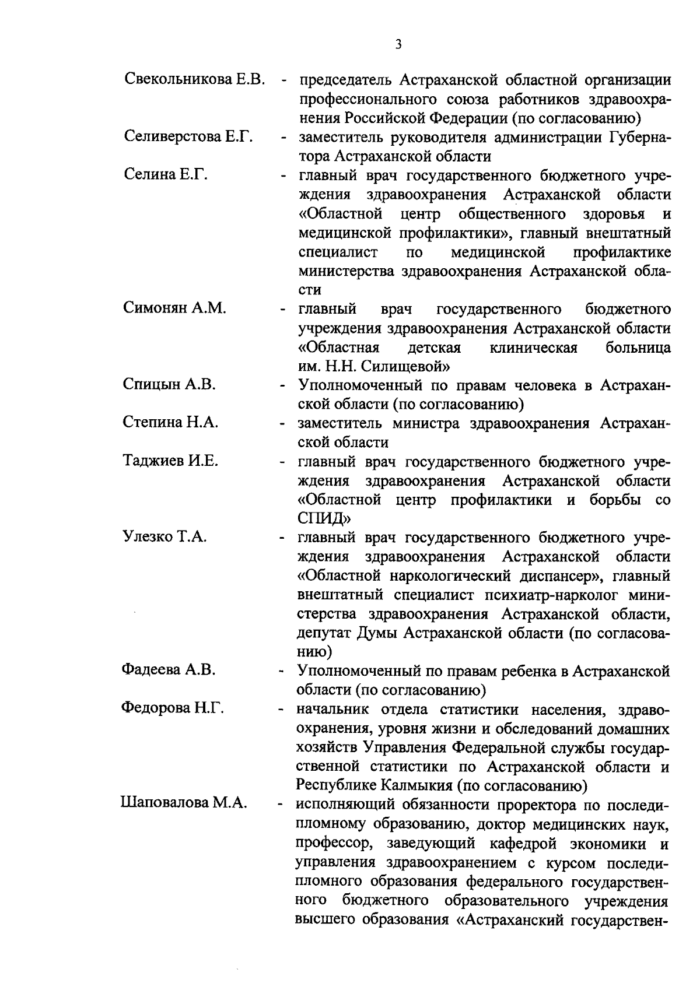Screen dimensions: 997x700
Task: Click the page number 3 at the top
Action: coord(398,45)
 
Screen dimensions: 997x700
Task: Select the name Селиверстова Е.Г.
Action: coord(188,137)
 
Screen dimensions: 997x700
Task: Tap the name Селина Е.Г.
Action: coord(166,175)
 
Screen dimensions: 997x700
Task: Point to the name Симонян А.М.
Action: coord(174,308)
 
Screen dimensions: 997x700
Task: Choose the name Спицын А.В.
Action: coord(169,384)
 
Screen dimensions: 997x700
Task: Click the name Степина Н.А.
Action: coord(170,423)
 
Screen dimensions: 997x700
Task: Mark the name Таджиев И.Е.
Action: coord(170,461)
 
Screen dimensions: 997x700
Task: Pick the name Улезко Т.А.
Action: coord(164,537)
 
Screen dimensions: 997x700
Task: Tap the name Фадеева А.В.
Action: coord(169,670)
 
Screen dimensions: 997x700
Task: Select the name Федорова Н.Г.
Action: coord(173,708)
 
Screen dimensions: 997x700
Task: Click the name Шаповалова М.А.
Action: coord(184,803)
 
